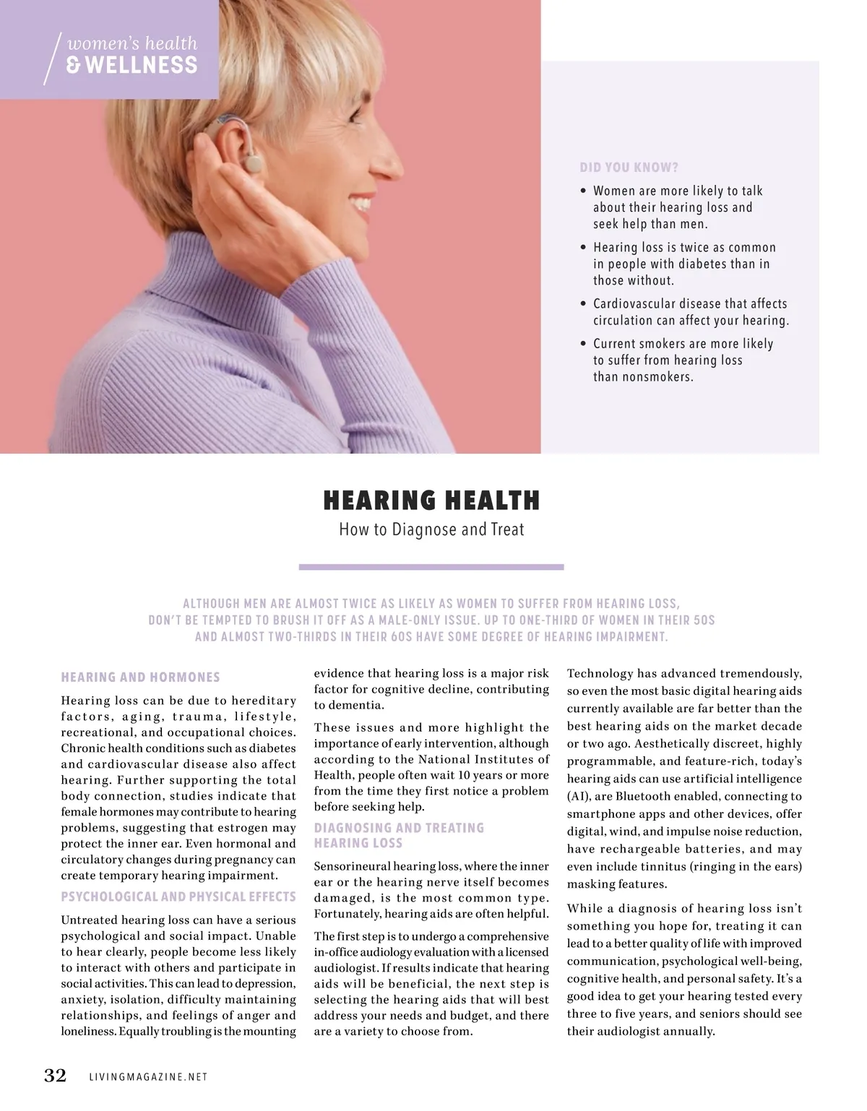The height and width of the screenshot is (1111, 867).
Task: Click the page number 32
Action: tap(55, 1076)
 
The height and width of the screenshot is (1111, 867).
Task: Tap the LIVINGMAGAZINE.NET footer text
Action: tap(148, 1077)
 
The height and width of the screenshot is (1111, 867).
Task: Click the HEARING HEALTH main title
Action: tap(431, 500)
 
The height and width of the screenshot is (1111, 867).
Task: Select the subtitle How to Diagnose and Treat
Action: tap(431, 529)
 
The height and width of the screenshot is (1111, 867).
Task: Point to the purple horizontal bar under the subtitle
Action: tap(431, 568)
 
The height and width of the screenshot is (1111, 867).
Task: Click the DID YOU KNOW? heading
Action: tap(629, 168)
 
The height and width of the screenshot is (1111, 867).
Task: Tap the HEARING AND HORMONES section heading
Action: tap(140, 677)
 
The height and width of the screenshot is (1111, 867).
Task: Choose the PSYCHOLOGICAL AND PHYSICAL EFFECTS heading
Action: tap(178, 896)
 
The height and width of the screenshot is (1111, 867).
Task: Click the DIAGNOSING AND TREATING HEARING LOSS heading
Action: tap(399, 835)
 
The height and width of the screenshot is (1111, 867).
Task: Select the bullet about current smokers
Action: tap(683, 360)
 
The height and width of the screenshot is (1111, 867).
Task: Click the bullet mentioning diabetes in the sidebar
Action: tap(683, 264)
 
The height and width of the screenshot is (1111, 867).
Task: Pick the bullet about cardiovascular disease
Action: tap(690, 312)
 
